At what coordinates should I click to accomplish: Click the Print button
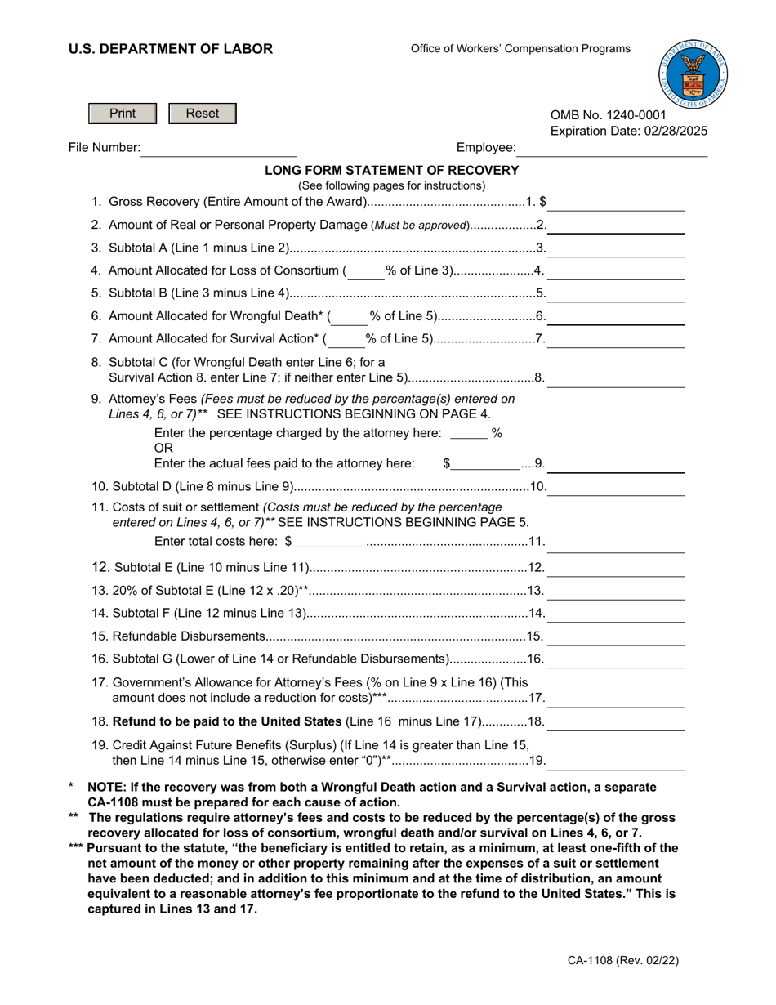[123, 114]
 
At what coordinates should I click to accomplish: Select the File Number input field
[219, 148]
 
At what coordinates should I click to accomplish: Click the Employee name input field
[613, 148]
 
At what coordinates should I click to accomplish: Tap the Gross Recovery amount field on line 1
[617, 202]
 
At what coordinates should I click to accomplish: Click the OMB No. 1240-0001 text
[608, 115]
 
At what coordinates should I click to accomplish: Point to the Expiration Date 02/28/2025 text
[629, 131]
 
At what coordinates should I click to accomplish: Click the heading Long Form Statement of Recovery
[391, 170]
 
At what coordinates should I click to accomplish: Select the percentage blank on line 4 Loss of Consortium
[365, 271]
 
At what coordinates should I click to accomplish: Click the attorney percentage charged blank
[468, 434]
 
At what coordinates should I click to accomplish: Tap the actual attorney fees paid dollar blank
[485, 464]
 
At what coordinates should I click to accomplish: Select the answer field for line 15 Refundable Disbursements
[616, 636]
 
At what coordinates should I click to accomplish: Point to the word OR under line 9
[163, 449]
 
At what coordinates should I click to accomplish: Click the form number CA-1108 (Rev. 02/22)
[623, 962]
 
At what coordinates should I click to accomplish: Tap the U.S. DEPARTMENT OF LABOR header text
[171, 49]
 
